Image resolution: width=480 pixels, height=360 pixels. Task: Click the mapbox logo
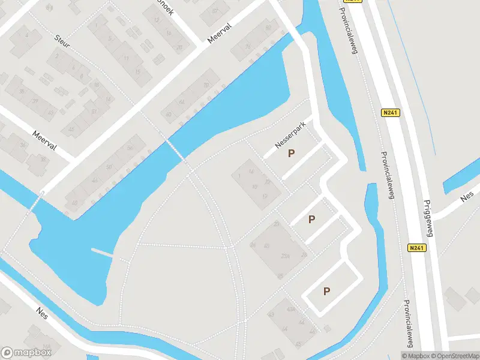pyautogui.click(x=26, y=353)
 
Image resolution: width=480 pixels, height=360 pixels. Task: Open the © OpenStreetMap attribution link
pyautogui.click(x=455, y=356)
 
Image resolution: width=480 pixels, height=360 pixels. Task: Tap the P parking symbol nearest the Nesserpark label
pyautogui.click(x=292, y=153)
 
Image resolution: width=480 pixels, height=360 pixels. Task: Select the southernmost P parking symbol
pyautogui.click(x=327, y=292)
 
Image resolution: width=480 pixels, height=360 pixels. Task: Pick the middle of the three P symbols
pyautogui.click(x=311, y=219)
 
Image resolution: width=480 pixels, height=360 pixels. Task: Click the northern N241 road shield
pyautogui.click(x=389, y=112)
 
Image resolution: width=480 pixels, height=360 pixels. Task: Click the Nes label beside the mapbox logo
pyautogui.click(x=42, y=313)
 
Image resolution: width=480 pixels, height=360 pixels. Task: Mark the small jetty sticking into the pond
pyautogui.click(x=102, y=252)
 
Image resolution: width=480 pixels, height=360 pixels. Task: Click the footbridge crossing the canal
pyautogui.click(x=176, y=150)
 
